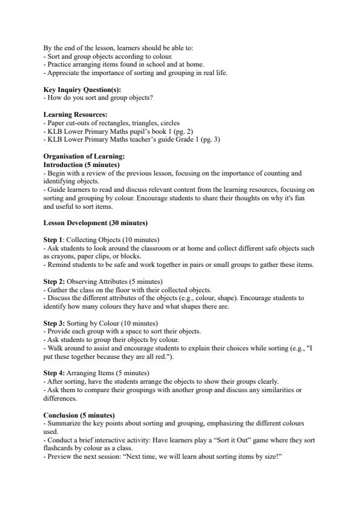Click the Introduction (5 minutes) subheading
pos(82,165)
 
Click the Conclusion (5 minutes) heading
pos(79,415)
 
